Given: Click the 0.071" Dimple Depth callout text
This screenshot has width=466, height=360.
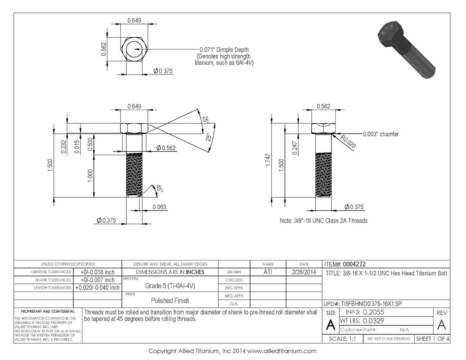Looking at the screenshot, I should click(224, 50).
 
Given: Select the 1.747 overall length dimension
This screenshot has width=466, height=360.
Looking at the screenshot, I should click(268, 160).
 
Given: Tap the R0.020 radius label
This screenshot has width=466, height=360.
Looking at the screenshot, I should click(348, 142).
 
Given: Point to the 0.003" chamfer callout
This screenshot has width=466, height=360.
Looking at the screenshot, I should click(381, 134).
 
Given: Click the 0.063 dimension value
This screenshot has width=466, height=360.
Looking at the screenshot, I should click(159, 207).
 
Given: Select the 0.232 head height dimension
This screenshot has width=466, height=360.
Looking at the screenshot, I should click(64, 147).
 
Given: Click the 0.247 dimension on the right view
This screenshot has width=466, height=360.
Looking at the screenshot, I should click(295, 148).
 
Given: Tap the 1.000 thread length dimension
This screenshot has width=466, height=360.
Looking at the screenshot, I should click(90, 176).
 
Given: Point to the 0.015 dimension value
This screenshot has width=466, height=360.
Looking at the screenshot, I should click(77, 147).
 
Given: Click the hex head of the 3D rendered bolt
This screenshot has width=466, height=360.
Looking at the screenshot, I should click(391, 34).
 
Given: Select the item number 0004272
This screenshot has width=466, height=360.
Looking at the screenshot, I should click(354, 264).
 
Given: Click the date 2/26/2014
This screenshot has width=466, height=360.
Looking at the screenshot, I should click(304, 272).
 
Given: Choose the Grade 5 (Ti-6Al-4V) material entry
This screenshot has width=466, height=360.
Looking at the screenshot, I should click(170, 286).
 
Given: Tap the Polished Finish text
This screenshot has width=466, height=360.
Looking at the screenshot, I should click(170, 301).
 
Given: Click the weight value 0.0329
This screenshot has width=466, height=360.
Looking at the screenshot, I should click(373, 321).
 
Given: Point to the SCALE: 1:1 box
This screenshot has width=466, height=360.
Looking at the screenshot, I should click(342, 339).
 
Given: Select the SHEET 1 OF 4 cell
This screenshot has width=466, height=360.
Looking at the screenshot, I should click(432, 339).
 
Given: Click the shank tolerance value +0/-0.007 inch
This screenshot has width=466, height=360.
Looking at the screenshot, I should click(97, 280).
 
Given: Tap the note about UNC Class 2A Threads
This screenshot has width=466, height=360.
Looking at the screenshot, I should click(323, 221).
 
